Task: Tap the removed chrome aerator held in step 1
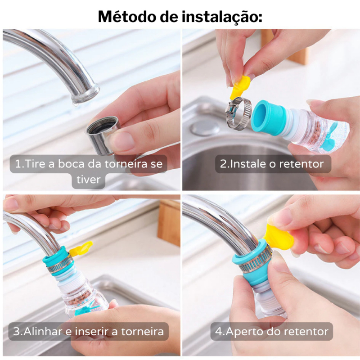[103, 135]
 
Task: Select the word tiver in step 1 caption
[88, 179]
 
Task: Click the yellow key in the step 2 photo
[240, 87]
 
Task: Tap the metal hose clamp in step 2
[238, 112]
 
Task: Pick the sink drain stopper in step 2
[205, 127]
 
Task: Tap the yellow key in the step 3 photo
[81, 249]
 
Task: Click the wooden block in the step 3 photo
[169, 223]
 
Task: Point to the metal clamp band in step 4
[252, 266]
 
